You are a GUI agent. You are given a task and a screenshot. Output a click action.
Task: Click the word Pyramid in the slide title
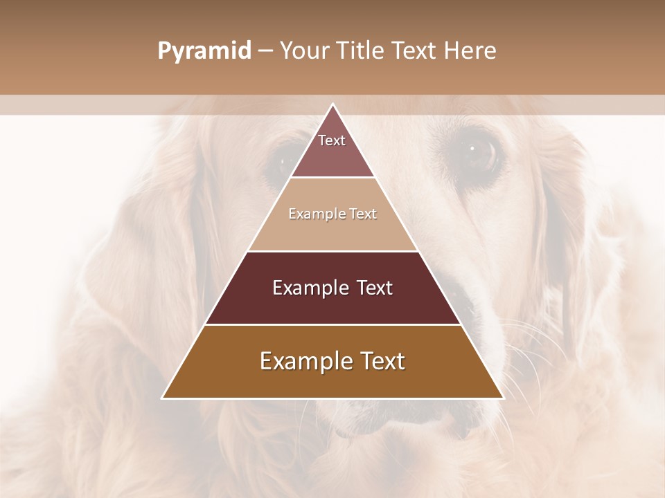click(204, 51)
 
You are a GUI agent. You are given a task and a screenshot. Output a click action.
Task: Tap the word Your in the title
click(305, 51)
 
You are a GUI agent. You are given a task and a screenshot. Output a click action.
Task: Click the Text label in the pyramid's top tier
click(332, 140)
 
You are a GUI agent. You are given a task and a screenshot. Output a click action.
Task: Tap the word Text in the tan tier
click(364, 214)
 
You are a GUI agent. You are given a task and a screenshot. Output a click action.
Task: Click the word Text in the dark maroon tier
click(375, 288)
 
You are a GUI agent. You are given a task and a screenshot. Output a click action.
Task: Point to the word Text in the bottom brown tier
click(381, 361)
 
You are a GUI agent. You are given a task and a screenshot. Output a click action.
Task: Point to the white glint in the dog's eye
click(472, 147)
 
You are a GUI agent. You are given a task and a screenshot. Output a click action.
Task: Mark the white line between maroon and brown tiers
click(333, 324)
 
